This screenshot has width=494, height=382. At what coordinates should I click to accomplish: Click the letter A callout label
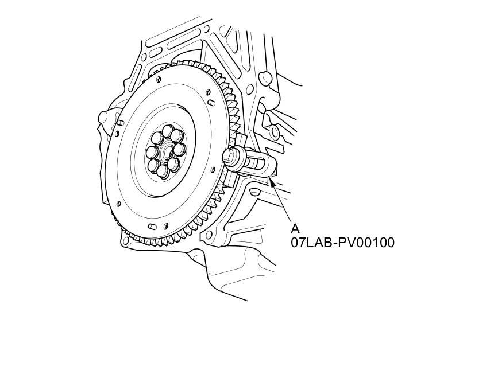point(295,229)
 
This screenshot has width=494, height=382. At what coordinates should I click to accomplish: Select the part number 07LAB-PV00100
point(342,243)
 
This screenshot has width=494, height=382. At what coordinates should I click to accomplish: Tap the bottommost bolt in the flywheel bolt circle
point(162,171)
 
